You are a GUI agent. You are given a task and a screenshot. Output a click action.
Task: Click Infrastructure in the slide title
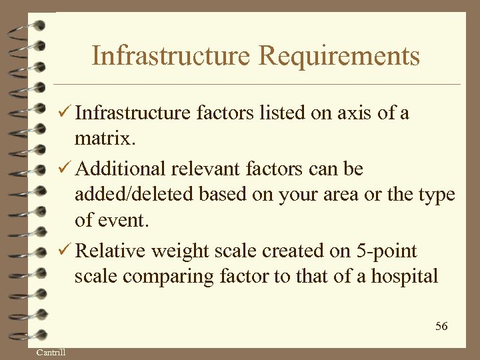pyautogui.click(x=171, y=56)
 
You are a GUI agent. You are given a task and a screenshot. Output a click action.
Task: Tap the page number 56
pyautogui.click(x=441, y=326)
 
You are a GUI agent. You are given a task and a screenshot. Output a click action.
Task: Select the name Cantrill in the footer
pyautogui.click(x=51, y=352)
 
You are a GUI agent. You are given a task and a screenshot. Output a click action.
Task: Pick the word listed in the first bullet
pyautogui.click(x=274, y=113)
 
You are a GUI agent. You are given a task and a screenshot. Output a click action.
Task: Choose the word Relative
pyautogui.click(x=111, y=251)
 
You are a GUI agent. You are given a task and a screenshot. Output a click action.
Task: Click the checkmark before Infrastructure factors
pyautogui.click(x=64, y=113)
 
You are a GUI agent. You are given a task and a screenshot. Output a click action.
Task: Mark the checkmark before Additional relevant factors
pyautogui.click(x=64, y=169)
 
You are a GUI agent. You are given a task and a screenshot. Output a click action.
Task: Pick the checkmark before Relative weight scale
pyautogui.click(x=64, y=251)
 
